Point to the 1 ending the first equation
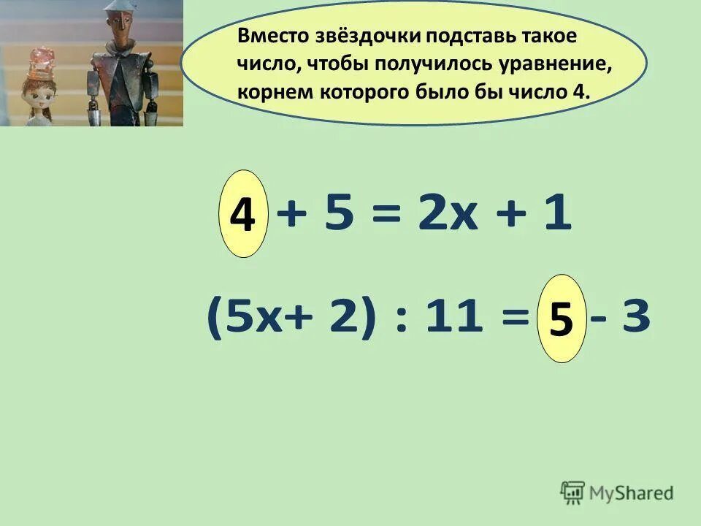click(558, 215)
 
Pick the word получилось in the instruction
click(426, 64)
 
